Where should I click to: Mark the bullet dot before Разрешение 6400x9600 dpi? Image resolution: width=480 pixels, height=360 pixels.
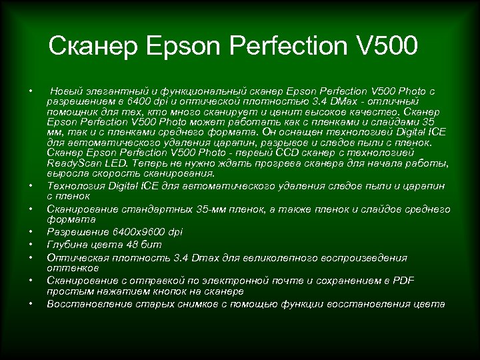(x=31, y=232)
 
